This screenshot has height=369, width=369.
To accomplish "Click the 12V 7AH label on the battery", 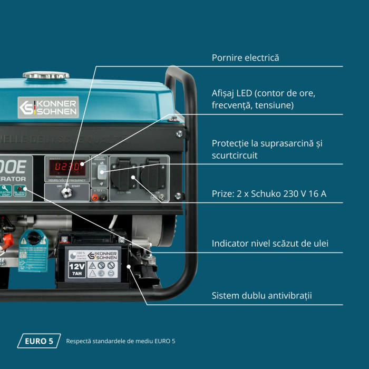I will [x=77, y=270].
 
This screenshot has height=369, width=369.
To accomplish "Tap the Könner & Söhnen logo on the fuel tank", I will [x=48, y=107].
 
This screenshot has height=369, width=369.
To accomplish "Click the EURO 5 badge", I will [x=39, y=341].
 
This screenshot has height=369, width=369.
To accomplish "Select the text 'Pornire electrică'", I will [x=245, y=57].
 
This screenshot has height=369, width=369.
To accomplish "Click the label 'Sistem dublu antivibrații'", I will [x=261, y=295].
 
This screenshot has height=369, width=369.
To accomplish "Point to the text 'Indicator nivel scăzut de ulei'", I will [x=269, y=244].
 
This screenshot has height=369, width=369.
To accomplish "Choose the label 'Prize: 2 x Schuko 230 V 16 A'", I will [x=269, y=194].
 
